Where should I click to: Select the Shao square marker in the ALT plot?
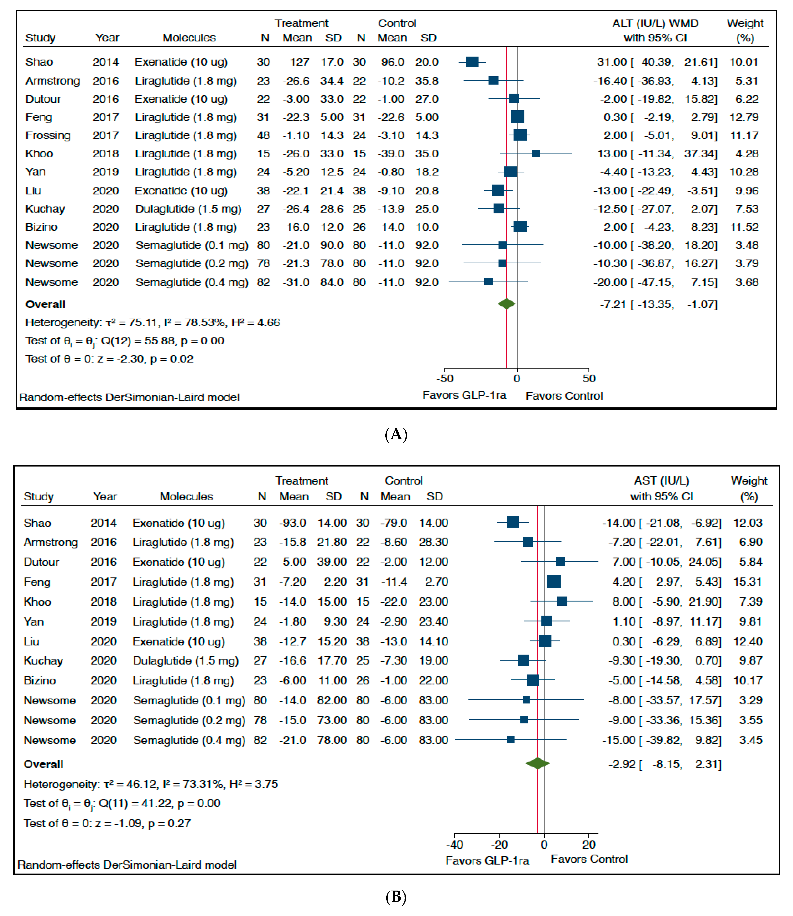(x=472, y=62)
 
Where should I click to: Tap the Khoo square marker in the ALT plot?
(x=536, y=154)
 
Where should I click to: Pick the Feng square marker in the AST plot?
(x=554, y=581)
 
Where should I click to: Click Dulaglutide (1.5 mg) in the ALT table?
(x=188, y=209)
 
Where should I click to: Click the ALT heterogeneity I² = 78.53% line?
(x=153, y=323)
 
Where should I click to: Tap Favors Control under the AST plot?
(x=589, y=859)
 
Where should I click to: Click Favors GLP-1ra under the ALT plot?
(x=464, y=395)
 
